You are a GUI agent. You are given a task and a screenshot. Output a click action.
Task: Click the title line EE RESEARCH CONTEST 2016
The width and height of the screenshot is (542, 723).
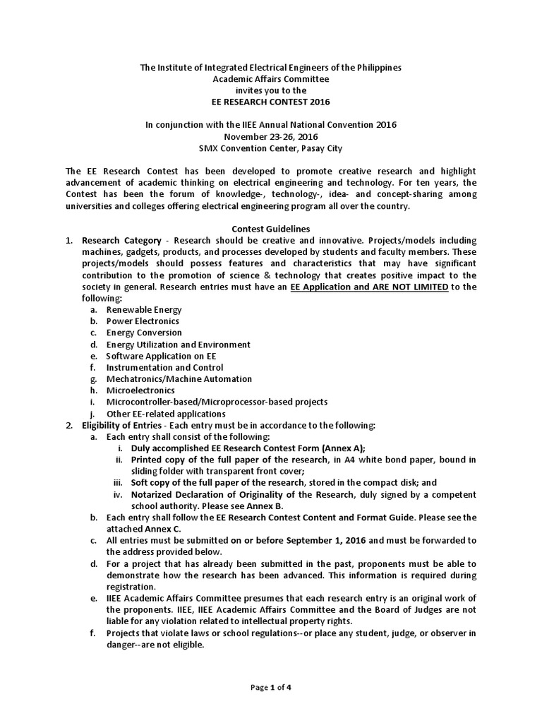270,102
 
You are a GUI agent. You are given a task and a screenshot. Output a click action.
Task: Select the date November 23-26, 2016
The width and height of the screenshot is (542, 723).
270,136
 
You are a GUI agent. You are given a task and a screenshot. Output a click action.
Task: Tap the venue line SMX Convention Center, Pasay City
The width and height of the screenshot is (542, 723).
270,148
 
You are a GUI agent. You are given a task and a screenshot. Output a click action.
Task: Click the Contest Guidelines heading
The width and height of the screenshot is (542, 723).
270,229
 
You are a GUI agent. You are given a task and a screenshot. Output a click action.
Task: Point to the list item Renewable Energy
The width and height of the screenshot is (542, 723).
144,309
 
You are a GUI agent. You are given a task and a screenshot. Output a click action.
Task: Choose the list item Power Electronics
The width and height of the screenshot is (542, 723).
143,321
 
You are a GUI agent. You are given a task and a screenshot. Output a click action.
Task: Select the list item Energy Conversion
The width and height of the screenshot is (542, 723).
144,333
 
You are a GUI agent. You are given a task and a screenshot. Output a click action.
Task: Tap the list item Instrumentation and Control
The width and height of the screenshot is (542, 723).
164,367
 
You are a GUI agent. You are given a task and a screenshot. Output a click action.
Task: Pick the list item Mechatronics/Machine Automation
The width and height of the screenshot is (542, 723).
179,379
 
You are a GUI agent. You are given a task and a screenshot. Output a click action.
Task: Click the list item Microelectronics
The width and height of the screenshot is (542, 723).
140,390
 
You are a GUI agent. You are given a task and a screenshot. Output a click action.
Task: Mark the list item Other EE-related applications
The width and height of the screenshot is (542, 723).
166,414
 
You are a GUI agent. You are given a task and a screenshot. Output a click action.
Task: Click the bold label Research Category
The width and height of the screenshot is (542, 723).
119,240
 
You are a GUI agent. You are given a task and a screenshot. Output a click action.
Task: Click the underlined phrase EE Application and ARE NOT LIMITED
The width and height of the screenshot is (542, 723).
369,287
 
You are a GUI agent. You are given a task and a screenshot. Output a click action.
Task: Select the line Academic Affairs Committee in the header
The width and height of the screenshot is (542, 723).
270,78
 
